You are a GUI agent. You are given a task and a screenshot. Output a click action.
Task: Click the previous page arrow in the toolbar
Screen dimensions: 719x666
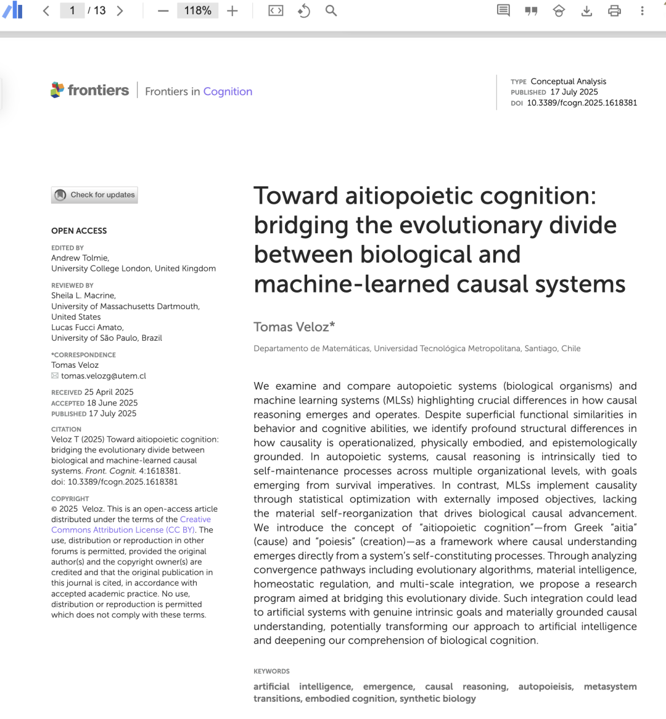point(46,10)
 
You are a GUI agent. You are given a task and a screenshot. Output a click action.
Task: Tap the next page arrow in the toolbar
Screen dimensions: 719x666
point(120,10)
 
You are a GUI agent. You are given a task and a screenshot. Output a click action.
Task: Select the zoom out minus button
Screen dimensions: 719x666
point(163,10)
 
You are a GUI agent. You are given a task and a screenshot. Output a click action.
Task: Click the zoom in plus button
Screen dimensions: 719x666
point(232,10)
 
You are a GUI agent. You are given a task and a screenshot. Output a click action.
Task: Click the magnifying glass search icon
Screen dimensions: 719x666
point(331,10)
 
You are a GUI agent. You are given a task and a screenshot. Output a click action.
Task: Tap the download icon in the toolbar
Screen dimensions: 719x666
point(586,10)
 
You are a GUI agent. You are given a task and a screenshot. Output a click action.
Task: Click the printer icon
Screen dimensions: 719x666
point(614,10)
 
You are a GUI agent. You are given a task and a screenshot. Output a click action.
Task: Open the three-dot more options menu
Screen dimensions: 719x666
point(642,10)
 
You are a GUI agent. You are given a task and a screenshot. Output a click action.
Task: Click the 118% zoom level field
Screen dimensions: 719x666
point(197,10)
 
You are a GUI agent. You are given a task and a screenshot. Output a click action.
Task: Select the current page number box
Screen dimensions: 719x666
point(72,10)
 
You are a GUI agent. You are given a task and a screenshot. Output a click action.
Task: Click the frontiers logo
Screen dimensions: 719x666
point(90,91)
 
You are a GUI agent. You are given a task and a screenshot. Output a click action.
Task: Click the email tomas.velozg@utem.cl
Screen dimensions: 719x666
point(104,376)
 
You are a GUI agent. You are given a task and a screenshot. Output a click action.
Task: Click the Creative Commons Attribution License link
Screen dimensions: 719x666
point(123,530)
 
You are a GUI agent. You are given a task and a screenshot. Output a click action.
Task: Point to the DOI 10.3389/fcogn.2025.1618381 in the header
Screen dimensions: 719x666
point(582,103)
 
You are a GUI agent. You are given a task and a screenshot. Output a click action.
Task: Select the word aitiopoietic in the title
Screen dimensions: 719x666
point(409,196)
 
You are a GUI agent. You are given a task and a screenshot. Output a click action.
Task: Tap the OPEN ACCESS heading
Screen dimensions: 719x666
point(79,231)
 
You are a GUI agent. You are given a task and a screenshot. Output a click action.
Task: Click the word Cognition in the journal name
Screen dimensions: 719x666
point(228,91)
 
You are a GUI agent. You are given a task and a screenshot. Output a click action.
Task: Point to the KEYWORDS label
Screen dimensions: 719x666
point(271,671)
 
